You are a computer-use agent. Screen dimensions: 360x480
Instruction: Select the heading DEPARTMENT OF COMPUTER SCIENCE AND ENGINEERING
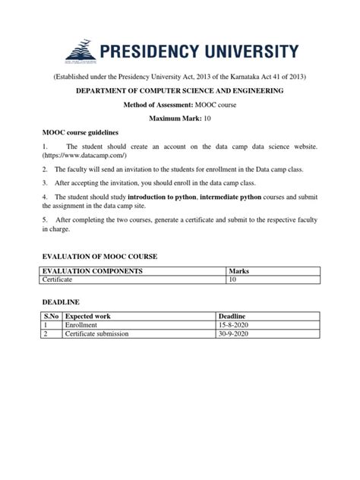point(179,91)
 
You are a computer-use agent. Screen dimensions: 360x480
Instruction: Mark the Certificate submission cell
point(97,333)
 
